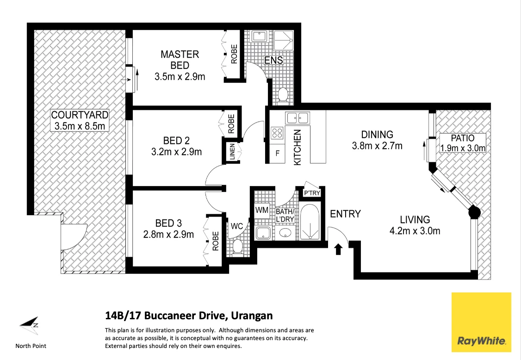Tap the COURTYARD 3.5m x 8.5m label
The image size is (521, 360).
pos(80,120)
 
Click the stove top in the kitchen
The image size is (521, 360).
pos(277,133)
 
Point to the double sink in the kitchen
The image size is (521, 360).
pos(298,118)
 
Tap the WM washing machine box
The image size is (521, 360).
pos(262,210)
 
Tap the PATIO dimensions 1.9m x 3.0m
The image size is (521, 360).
pos(463,149)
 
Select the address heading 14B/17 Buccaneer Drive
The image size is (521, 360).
pos(189,316)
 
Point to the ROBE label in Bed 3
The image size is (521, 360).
pos(215,241)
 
